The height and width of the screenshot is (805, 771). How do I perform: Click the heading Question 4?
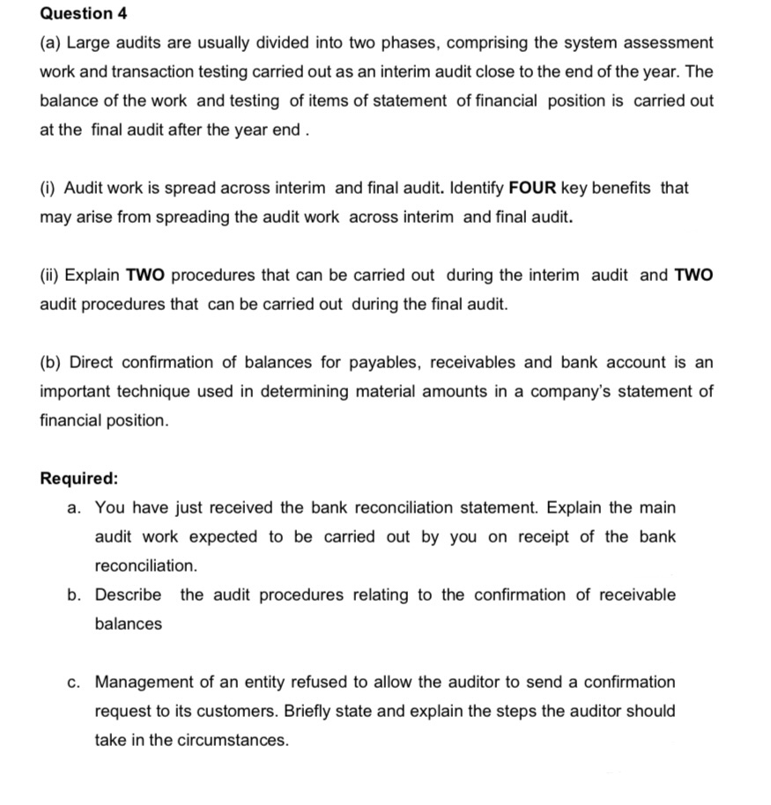pyautogui.click(x=77, y=14)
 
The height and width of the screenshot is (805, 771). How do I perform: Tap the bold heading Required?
pyautogui.click(x=79, y=479)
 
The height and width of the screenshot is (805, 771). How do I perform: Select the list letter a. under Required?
pyautogui.click(x=75, y=507)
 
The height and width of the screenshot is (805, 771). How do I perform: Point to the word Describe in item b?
pyautogui.click(x=128, y=595)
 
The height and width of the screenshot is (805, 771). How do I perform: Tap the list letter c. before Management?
pyautogui.click(x=75, y=682)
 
